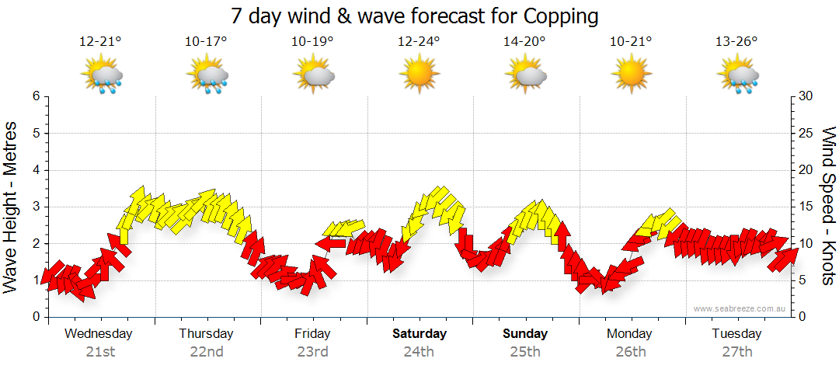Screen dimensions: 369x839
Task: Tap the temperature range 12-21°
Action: click(x=101, y=42)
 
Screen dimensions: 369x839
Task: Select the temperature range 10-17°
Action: click(x=206, y=42)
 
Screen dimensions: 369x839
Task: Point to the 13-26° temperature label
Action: click(x=736, y=42)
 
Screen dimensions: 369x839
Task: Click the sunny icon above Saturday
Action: click(x=419, y=75)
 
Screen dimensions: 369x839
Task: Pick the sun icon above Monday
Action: click(x=630, y=75)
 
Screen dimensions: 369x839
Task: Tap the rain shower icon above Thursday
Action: click(x=207, y=75)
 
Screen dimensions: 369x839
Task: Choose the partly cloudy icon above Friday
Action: click(x=313, y=75)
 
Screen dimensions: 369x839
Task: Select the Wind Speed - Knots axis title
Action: click(x=827, y=206)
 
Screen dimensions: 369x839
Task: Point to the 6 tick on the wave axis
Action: click(x=35, y=96)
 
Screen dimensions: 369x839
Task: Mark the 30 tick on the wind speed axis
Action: click(x=806, y=96)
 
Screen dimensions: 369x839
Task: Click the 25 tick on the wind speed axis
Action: click(x=806, y=133)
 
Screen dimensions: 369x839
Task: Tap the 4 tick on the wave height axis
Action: click(x=35, y=170)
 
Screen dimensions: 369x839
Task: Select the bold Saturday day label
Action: click(x=419, y=334)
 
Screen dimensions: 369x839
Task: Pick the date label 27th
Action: click(x=736, y=352)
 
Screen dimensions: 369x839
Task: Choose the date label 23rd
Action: click(x=312, y=352)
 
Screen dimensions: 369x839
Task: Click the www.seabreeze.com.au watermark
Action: click(x=740, y=309)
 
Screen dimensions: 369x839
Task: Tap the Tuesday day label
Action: click(x=736, y=334)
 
